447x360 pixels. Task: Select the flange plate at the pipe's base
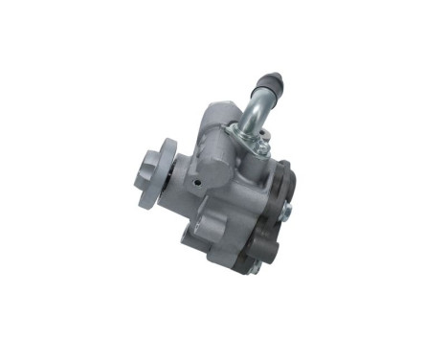[x=251, y=144]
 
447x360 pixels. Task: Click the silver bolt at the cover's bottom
[x=256, y=267]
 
